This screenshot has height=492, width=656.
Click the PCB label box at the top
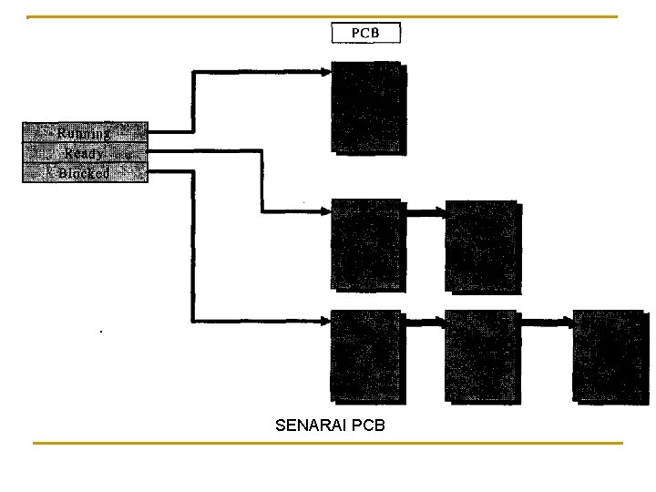pyautogui.click(x=364, y=33)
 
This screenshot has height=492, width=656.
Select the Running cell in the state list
pyautogui.click(x=85, y=133)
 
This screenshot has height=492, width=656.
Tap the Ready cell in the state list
pyautogui.click(x=85, y=153)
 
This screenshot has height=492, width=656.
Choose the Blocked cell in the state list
pyautogui.click(x=85, y=173)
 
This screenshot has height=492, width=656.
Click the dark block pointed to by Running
pyautogui.click(x=367, y=107)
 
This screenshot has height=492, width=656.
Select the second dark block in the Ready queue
pyautogui.click(x=481, y=246)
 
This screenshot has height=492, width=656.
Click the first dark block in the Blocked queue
pyautogui.click(x=366, y=356)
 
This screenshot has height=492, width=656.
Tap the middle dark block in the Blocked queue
pyautogui.click(x=481, y=356)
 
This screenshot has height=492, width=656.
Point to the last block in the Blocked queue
pyautogui.click(x=610, y=356)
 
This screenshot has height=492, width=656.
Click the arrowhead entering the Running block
pyautogui.click(x=325, y=70)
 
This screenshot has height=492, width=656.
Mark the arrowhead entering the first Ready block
pyautogui.click(x=325, y=212)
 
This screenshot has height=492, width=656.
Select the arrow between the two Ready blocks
pyautogui.click(x=424, y=213)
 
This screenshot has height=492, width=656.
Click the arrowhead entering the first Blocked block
pyautogui.click(x=325, y=321)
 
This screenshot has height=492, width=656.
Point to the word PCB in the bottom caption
pyautogui.click(x=368, y=425)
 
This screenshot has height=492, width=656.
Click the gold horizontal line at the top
pyautogui.click(x=323, y=16)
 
